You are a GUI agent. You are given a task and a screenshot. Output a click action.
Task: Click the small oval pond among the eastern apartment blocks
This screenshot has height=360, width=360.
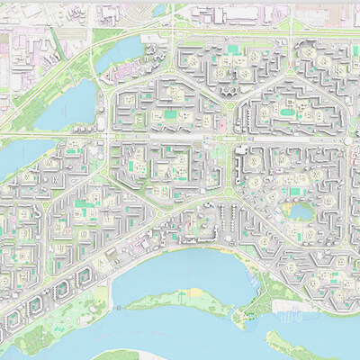click(297, 212)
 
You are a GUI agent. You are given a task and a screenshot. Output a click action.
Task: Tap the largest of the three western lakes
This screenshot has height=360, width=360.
click(74, 101)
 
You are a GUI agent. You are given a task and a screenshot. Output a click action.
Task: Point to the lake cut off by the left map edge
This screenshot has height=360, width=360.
click(11, 158)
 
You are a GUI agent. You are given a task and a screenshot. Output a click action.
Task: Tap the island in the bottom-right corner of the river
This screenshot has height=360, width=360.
click(306, 346)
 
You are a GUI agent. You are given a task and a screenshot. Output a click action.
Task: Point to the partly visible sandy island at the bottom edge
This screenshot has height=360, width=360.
click(117, 355)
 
